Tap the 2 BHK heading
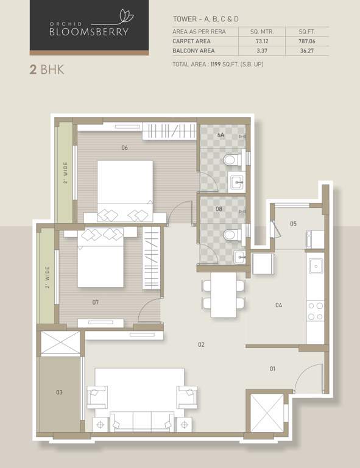pos(47,69)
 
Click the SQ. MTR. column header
pos(263,30)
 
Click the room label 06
pos(124,147)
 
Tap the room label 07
pos(96,302)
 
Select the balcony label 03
pos(59,392)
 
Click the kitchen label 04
pos(278,305)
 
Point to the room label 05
pos(293,224)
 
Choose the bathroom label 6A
pos(221,135)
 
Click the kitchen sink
pos(316,266)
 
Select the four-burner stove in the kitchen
pos(316,311)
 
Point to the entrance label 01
pos(272,369)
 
